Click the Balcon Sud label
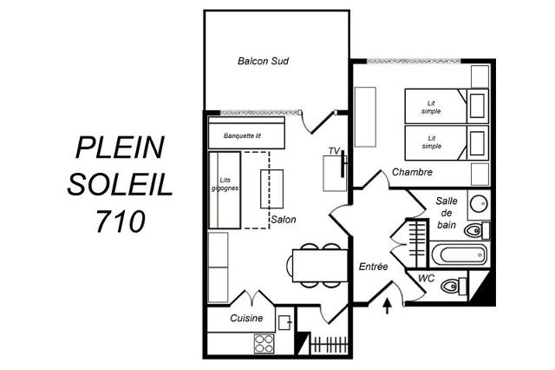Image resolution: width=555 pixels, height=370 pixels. pyautogui.click(x=263, y=61)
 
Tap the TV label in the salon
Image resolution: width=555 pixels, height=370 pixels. pyautogui.click(x=334, y=151)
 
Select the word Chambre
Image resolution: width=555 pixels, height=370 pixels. pyautogui.click(x=412, y=172)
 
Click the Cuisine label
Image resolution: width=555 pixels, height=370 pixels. pyautogui.click(x=246, y=318)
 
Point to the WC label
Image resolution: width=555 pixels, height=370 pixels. pyautogui.click(x=426, y=278)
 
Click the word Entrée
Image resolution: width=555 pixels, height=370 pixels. pyautogui.click(x=373, y=267)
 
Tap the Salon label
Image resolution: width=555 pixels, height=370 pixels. pyautogui.click(x=284, y=220)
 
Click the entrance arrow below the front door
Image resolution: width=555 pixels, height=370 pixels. pyautogui.click(x=388, y=307)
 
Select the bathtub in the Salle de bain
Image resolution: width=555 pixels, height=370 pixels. pyautogui.click(x=459, y=254)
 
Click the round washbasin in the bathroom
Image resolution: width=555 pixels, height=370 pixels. pyautogui.click(x=479, y=204)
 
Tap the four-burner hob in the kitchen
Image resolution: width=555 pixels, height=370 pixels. pyautogui.click(x=264, y=344)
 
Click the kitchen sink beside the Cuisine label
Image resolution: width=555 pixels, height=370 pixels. pyautogui.click(x=284, y=322)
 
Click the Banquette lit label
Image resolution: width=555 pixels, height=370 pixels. pyautogui.click(x=242, y=135)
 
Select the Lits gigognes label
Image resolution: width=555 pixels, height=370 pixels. pyautogui.click(x=225, y=184)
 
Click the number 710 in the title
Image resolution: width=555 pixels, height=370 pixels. pyautogui.click(x=121, y=221)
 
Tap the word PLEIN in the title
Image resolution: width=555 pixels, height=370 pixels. pyautogui.click(x=121, y=148)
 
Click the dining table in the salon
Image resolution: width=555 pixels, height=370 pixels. pyautogui.click(x=320, y=266)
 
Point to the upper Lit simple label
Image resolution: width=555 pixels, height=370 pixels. pyautogui.click(x=431, y=107)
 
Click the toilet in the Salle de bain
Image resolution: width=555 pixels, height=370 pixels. pyautogui.click(x=477, y=231)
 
